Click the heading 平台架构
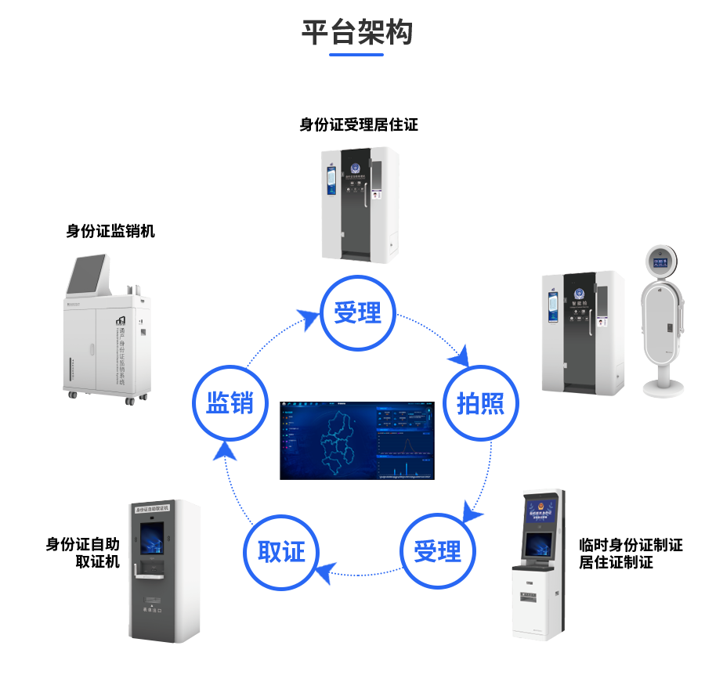point(356,32)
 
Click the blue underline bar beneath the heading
point(356,55)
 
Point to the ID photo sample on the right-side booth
point(601,322)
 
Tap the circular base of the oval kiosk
point(662,388)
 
